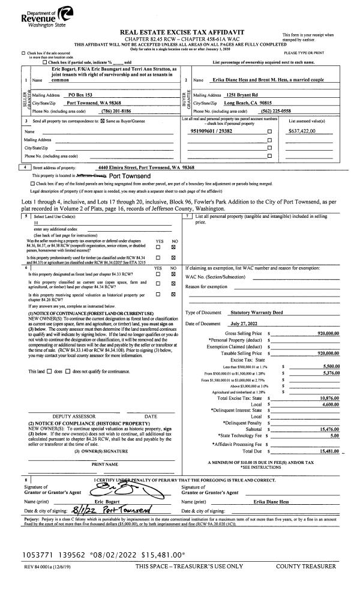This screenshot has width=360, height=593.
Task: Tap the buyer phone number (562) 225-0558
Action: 295,111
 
